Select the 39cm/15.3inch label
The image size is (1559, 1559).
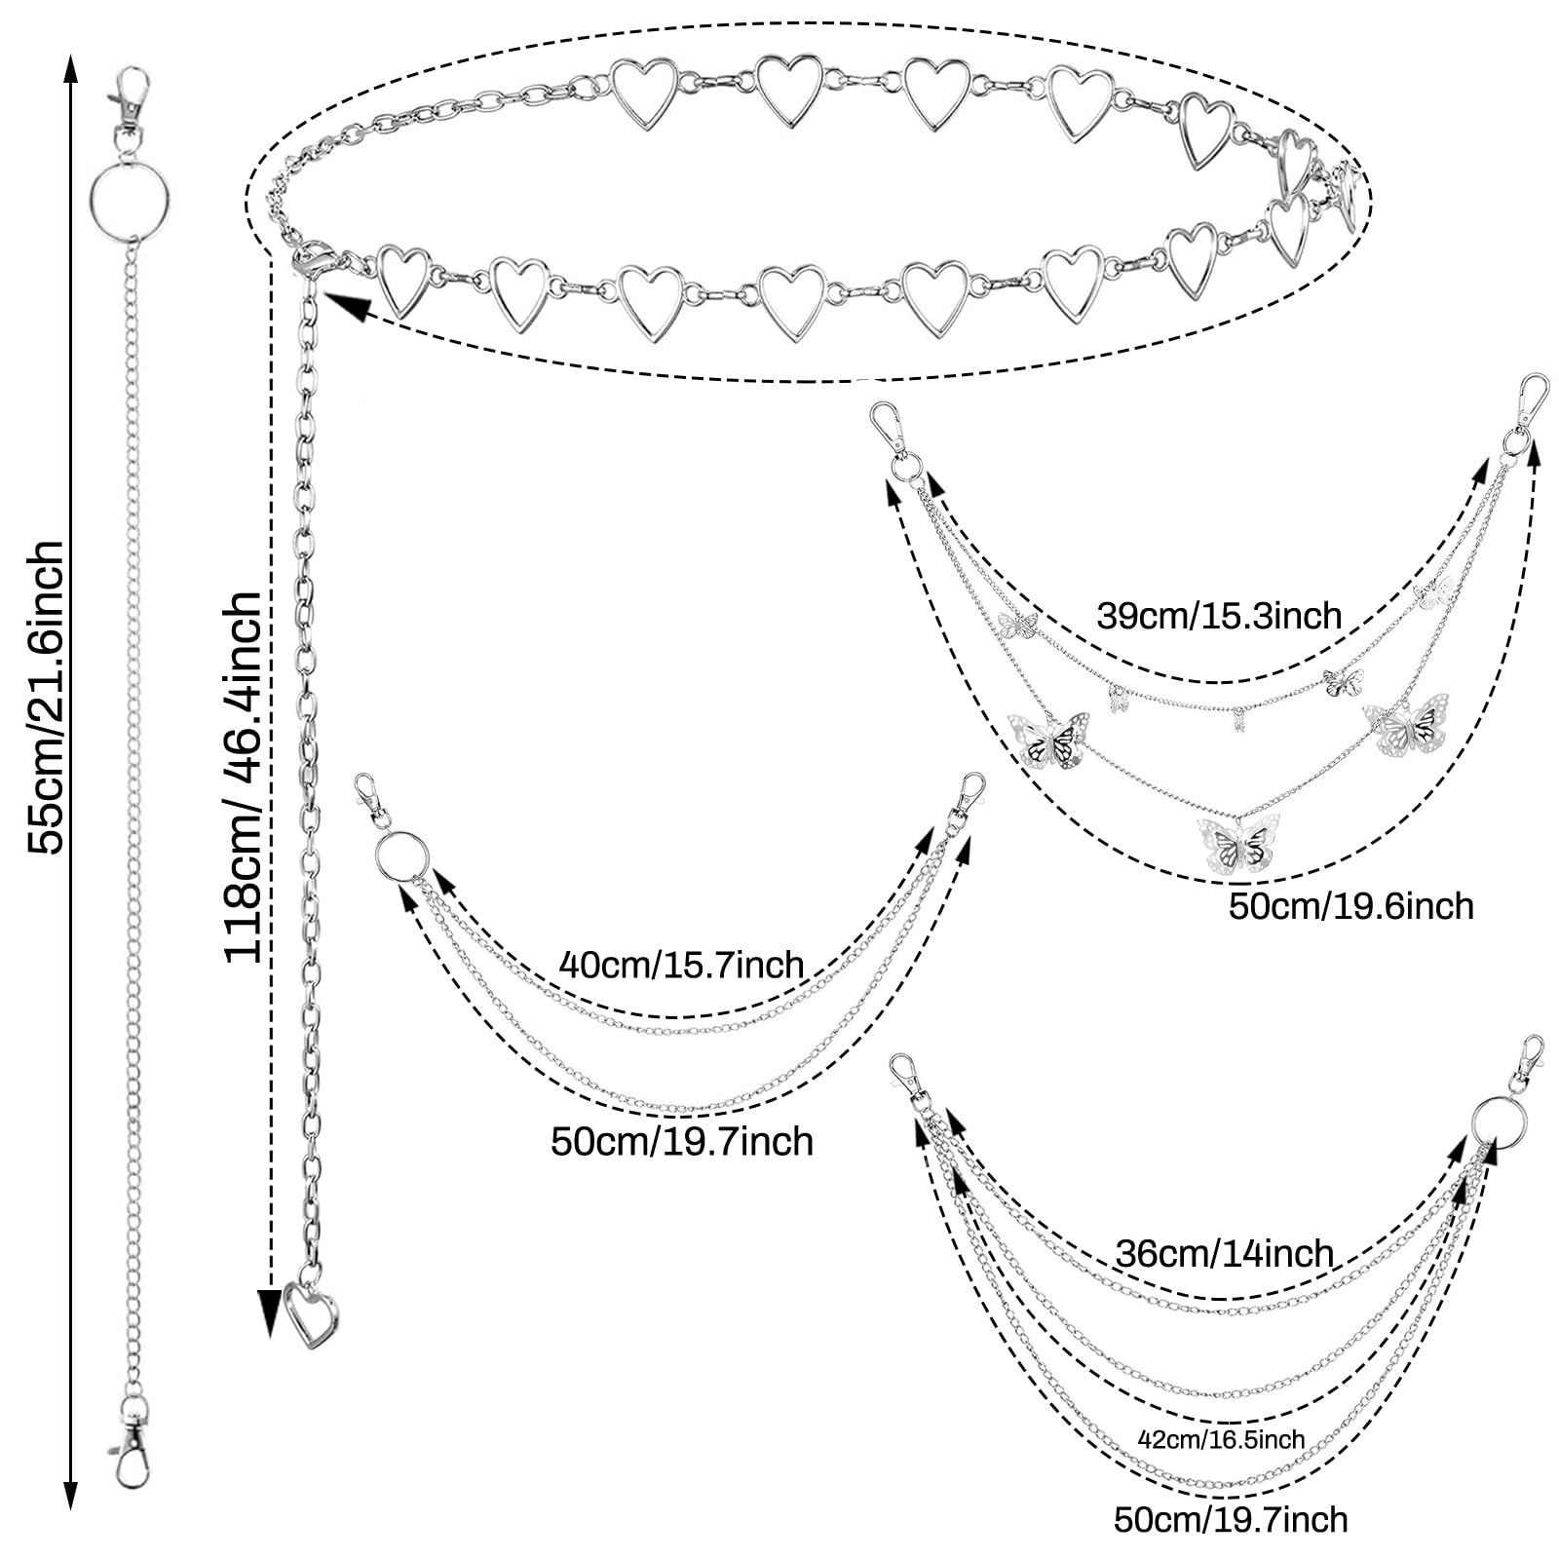(1219, 616)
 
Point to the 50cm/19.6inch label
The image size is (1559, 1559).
(1350, 906)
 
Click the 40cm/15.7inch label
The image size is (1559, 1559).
(681, 965)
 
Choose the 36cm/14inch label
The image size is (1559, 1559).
(1224, 1253)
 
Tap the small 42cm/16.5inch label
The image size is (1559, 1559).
(1221, 1439)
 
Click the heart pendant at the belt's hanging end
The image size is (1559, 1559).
(311, 1314)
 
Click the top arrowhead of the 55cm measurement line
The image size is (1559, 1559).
(70, 70)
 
